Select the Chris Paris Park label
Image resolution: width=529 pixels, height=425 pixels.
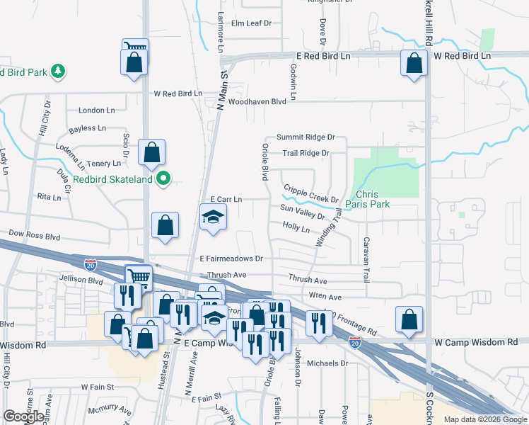pos(373,199)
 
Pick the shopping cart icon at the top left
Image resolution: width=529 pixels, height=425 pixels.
pos(135,47)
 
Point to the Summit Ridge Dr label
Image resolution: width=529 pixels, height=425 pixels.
pos(305,137)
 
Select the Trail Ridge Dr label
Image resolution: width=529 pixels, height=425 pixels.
pos(306,153)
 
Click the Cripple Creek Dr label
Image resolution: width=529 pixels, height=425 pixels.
pos(311,193)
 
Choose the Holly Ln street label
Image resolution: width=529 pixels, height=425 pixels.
pos(296,227)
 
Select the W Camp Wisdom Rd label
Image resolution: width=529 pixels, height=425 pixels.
pos(476,343)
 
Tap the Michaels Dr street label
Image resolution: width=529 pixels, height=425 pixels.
pos(329,363)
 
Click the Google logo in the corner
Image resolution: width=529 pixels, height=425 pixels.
pos(24,416)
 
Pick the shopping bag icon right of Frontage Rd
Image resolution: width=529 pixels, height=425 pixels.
pos(409,319)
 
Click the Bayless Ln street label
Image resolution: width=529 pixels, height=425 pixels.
pos(87,129)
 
